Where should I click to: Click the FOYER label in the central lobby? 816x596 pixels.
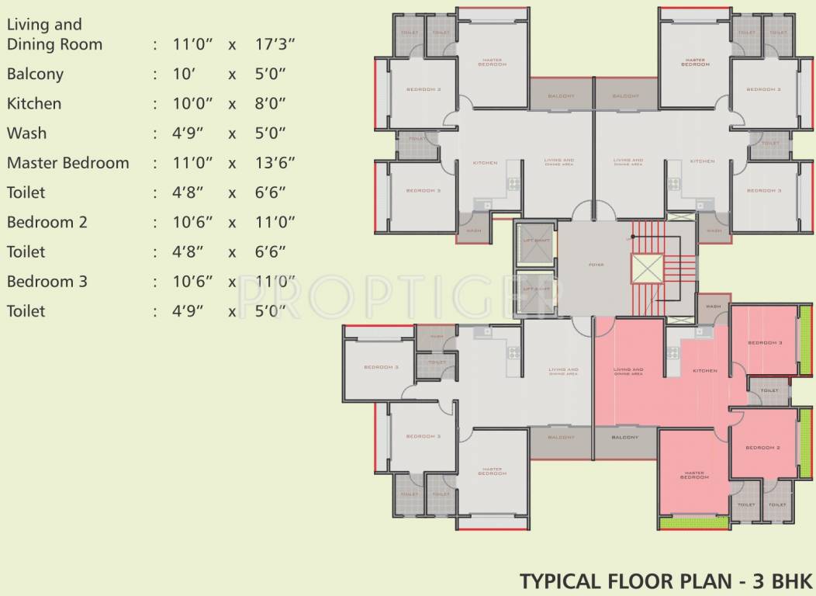pyautogui.click(x=596, y=265)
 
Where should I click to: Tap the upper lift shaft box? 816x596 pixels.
pyautogui.click(x=536, y=241)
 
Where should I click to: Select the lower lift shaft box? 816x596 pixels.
pyautogui.click(x=536, y=289)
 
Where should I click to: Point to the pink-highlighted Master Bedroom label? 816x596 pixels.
pyautogui.click(x=694, y=474)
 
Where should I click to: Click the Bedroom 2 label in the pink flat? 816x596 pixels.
pyautogui.click(x=764, y=448)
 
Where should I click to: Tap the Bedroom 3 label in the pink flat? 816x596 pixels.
pyautogui.click(x=765, y=342)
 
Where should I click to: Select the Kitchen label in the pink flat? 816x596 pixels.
pyautogui.click(x=704, y=371)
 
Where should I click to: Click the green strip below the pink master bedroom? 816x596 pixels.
pyautogui.click(x=694, y=522)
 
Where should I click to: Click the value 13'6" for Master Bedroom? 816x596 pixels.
pyautogui.click(x=275, y=163)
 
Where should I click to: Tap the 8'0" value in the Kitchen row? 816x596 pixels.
pyautogui.click(x=271, y=103)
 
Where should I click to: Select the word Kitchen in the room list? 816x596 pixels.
pyautogui.click(x=34, y=103)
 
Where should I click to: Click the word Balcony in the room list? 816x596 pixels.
pyautogui.click(x=35, y=74)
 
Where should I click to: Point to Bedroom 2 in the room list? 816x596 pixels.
pyautogui.click(x=47, y=222)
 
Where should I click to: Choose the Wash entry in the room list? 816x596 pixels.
pyautogui.click(x=26, y=133)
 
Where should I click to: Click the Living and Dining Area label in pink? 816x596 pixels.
pyautogui.click(x=628, y=371)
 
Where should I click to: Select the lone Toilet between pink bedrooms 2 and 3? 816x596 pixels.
pyautogui.click(x=769, y=390)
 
